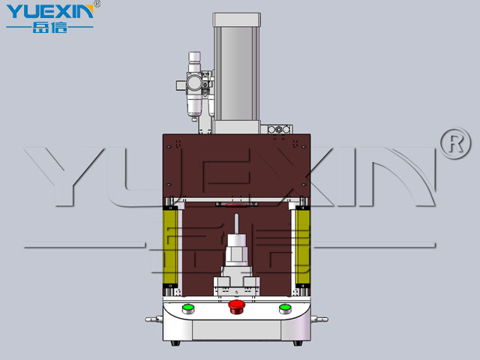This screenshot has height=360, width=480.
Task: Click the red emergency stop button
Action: click(237, 307)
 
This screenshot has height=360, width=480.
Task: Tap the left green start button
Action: click(188, 309)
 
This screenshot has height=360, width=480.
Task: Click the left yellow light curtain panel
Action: click(170, 247)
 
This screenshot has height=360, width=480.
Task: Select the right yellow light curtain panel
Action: click(303, 247)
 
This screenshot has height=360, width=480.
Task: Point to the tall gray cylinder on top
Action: click(237, 73)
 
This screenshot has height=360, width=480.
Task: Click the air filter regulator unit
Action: click(194, 85)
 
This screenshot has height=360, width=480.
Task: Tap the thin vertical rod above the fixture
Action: click(236, 224)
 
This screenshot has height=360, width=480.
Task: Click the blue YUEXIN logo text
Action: click(49, 12)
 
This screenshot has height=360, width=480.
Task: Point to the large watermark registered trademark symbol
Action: click(455, 143)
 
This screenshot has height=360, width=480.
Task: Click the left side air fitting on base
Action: click(154, 319)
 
